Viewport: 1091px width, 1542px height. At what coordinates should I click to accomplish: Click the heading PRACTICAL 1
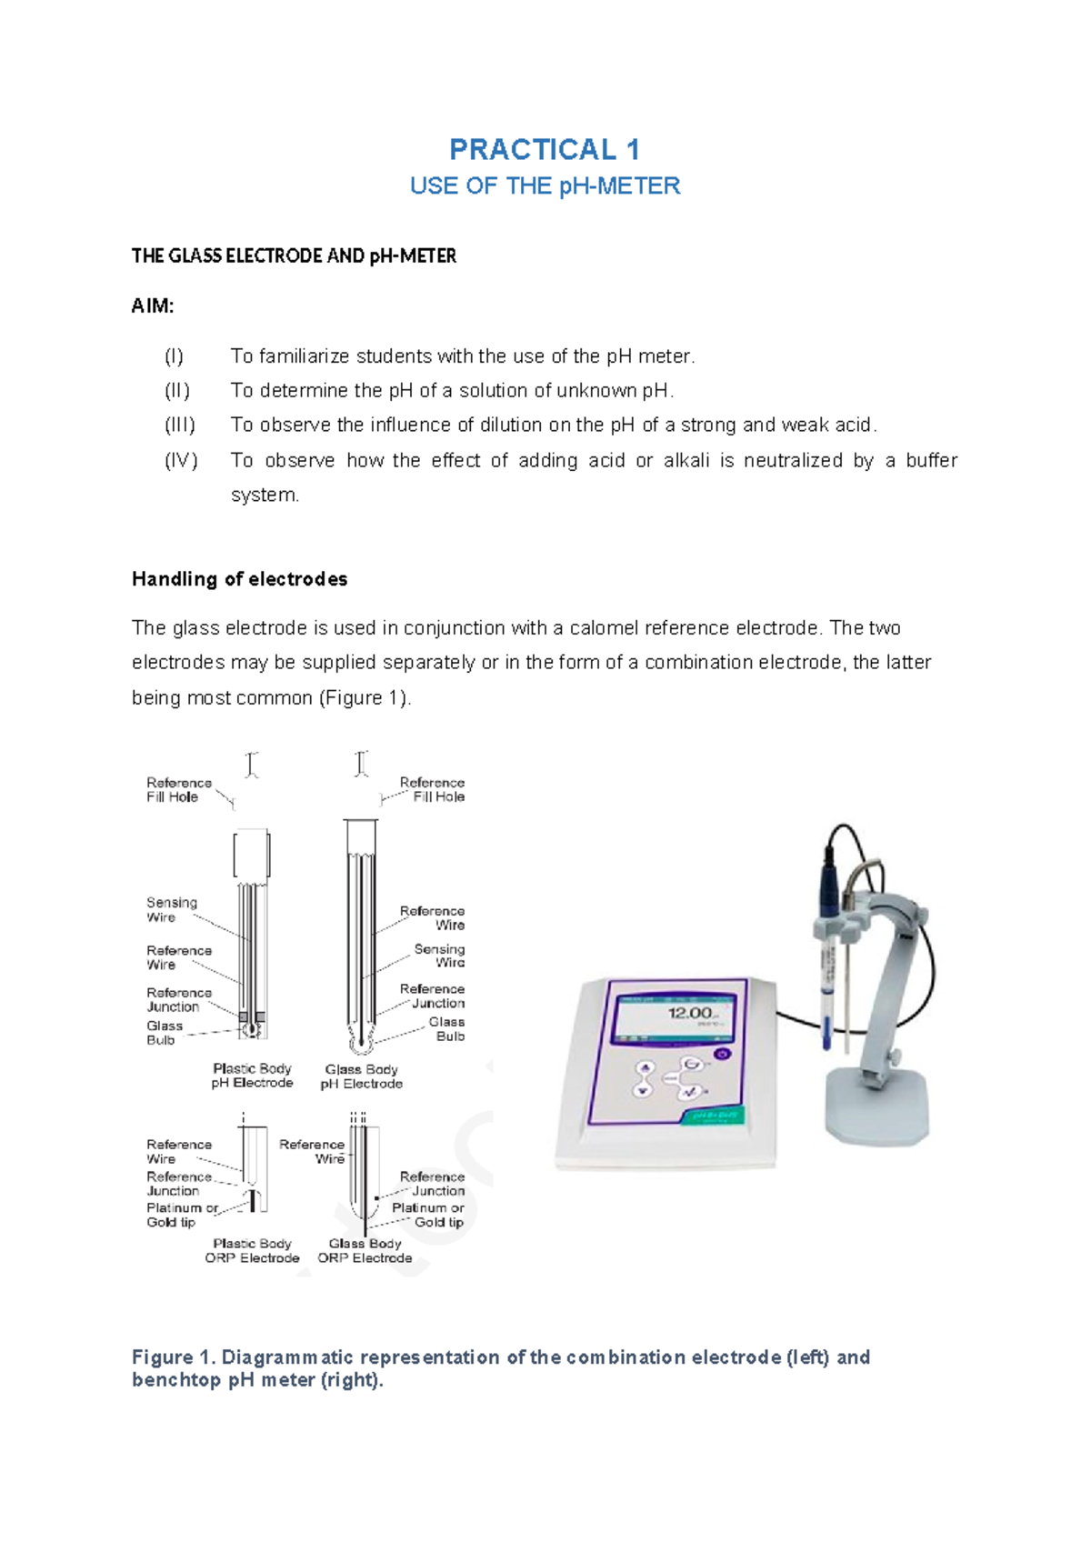click(545, 149)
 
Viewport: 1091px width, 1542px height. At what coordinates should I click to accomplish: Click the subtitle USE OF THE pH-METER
click(545, 186)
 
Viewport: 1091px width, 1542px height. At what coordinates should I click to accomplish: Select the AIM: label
click(153, 306)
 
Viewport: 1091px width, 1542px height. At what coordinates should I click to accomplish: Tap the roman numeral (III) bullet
click(179, 426)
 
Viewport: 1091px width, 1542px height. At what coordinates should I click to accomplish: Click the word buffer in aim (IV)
click(931, 461)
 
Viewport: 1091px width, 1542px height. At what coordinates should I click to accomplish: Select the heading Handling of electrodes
click(239, 579)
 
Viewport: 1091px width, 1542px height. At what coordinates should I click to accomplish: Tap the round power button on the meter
click(722, 1054)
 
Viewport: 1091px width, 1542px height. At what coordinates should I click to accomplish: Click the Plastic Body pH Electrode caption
click(252, 1076)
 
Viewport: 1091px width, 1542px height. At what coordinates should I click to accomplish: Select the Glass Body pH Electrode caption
click(361, 1076)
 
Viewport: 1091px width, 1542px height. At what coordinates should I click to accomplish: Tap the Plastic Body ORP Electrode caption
click(252, 1251)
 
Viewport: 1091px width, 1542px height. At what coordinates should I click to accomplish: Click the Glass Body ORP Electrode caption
click(365, 1251)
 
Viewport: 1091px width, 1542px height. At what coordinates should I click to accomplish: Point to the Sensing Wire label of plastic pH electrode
click(171, 909)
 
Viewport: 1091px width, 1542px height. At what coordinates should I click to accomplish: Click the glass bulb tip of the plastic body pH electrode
click(251, 1030)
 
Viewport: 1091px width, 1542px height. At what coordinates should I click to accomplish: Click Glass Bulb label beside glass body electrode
click(447, 1029)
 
